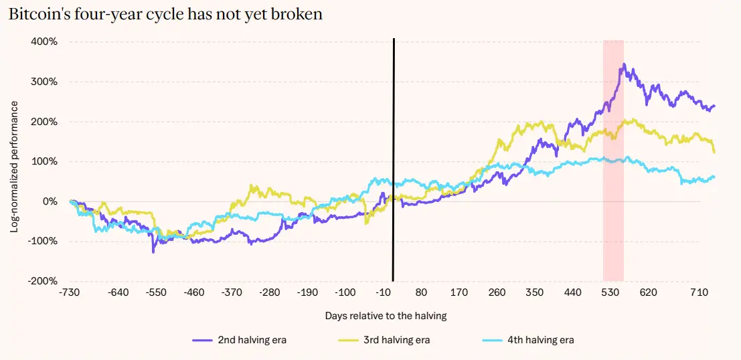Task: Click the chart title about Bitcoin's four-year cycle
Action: tap(165, 13)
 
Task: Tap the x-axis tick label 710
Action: tap(698, 293)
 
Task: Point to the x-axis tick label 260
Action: tap(497, 293)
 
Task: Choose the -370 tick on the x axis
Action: tap(232, 293)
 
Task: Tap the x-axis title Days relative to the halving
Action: tap(386, 316)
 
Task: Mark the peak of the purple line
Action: tap(625, 64)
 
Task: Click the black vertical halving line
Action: tap(393, 160)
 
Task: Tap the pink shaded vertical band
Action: tap(613, 161)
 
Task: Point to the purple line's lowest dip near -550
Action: tap(153, 252)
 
